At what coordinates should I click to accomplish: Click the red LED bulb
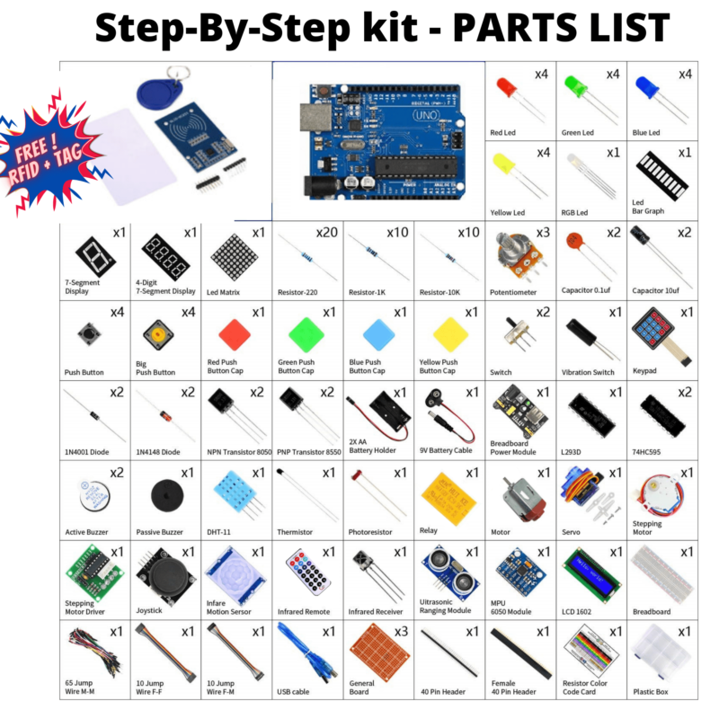coord(506,88)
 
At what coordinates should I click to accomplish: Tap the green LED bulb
coord(575,88)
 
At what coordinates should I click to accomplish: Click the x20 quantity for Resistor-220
coord(327,232)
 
